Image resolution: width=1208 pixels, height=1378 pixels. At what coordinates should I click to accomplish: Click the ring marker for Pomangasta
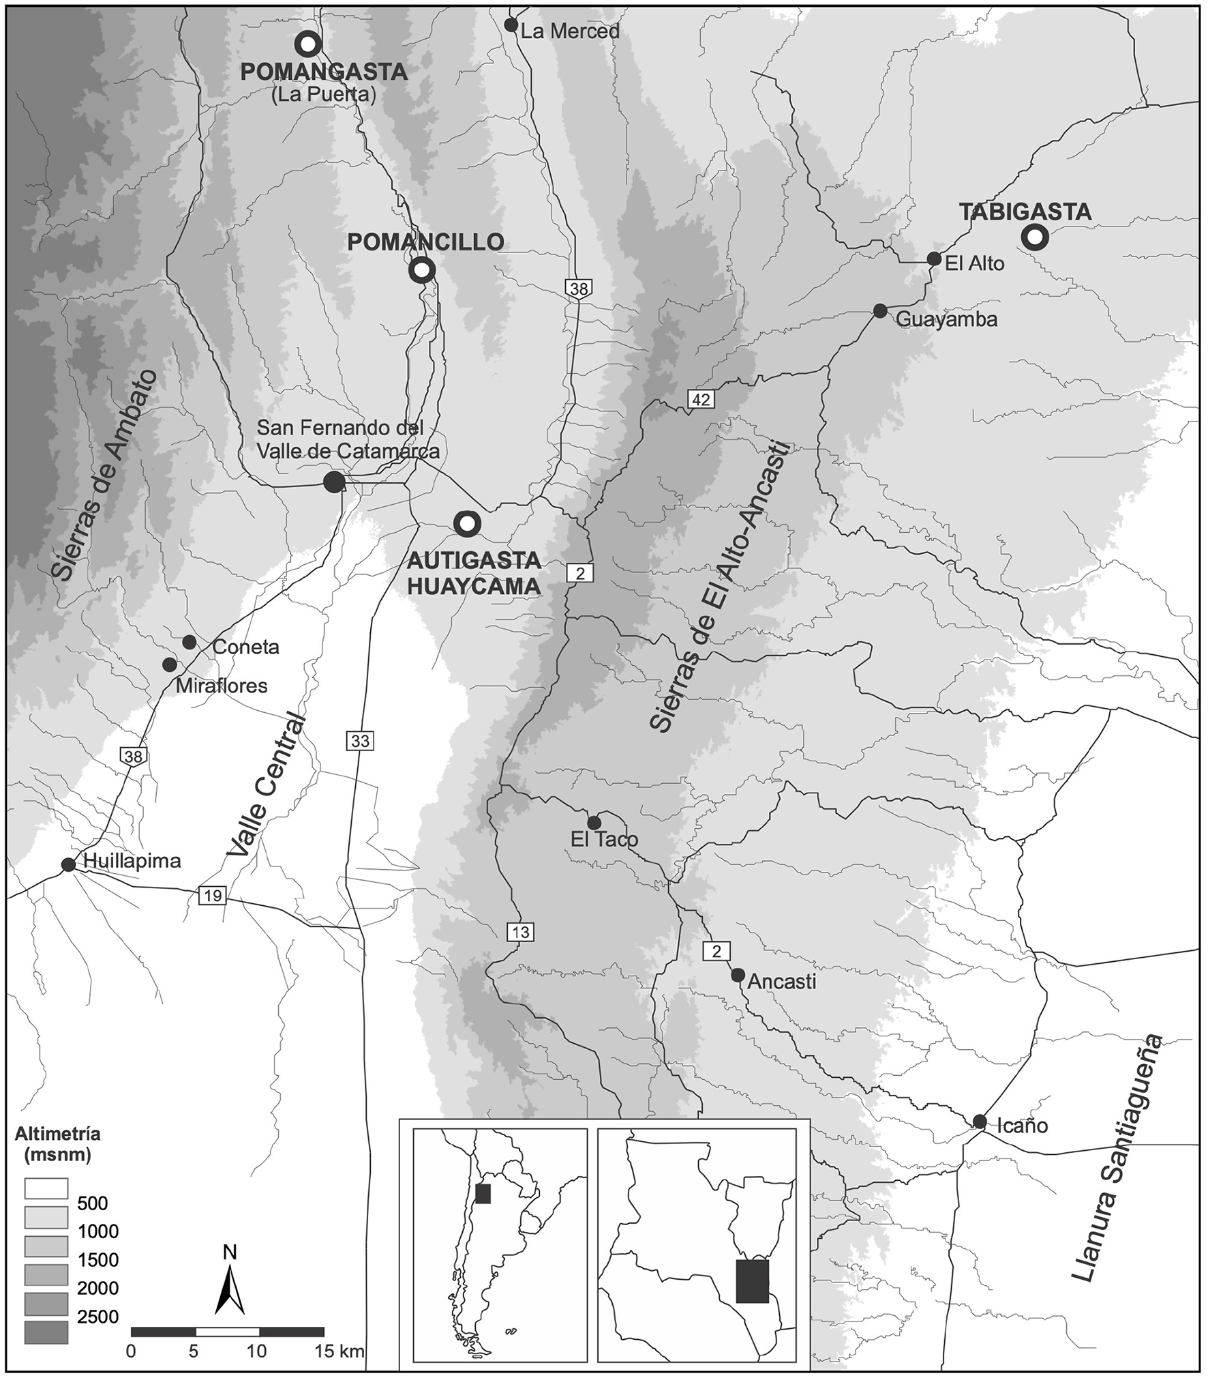[x=308, y=44]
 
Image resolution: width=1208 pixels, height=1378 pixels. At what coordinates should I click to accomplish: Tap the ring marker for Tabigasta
[x=1034, y=237]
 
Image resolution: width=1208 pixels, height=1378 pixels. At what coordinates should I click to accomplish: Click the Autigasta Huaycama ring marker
[x=467, y=524]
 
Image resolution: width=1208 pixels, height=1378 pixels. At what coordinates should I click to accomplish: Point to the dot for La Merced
[x=511, y=25]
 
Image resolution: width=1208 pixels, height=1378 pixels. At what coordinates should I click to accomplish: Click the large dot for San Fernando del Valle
[x=333, y=482]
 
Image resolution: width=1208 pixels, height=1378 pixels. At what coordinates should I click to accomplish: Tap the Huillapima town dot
[x=68, y=865]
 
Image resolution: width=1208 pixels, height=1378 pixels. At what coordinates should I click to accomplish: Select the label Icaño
[x=1022, y=1125]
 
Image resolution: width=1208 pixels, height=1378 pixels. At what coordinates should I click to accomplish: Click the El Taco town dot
[x=594, y=822]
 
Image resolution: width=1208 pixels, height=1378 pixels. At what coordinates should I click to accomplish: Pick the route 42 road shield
[x=701, y=400]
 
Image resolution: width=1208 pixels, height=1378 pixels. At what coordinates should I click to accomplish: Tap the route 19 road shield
[x=213, y=895]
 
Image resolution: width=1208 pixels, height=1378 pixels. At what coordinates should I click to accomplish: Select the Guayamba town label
[x=946, y=319]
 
